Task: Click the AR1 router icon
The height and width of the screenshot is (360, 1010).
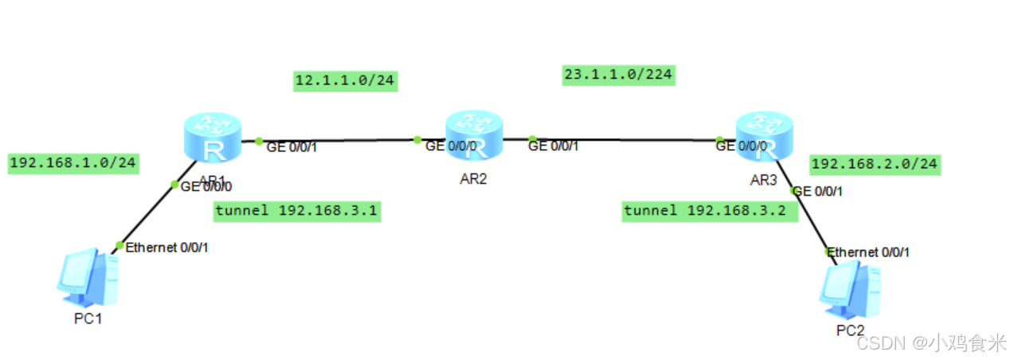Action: pos(212,139)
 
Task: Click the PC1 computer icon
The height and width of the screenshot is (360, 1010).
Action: pos(88,279)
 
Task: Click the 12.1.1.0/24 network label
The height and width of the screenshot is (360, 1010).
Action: pos(345,80)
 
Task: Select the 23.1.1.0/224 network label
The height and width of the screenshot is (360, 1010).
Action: pos(618,75)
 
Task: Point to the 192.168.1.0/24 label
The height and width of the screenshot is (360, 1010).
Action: pos(72,163)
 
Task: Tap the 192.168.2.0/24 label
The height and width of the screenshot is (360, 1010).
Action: pos(874,165)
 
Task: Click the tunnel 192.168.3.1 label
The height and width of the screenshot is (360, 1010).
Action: pos(296,211)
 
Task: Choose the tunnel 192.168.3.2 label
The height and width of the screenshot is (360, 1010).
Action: pos(710,211)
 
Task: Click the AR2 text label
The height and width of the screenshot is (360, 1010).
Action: pos(473,178)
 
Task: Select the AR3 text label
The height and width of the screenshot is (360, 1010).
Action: pos(763,180)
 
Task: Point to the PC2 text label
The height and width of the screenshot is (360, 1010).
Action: pos(848,330)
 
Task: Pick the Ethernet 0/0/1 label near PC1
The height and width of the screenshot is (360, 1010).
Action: pos(166,248)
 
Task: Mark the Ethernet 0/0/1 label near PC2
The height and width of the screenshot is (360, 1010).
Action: pos(868,252)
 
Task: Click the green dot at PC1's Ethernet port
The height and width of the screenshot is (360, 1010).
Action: pos(119,245)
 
